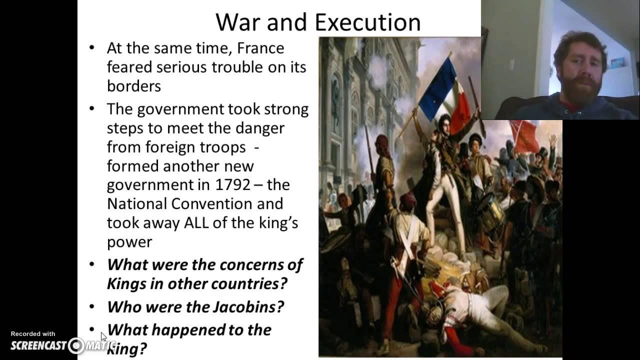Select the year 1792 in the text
[232, 185]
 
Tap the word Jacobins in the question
[250, 306]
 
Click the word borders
[134, 86]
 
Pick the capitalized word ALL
[196, 223]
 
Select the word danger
[260, 128]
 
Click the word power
[129, 242]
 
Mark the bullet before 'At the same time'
[91, 48]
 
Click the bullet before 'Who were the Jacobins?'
[91, 306]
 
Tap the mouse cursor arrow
[103, 336]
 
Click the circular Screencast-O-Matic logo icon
[76, 345]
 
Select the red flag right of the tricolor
[524, 136]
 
